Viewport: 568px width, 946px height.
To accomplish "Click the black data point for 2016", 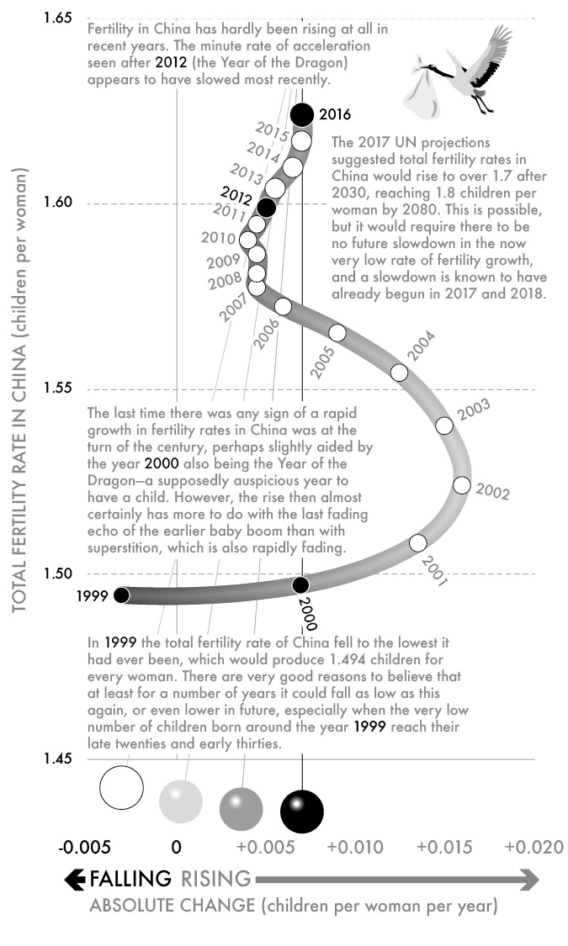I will pos(301,114).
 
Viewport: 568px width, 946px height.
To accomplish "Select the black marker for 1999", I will pos(121,595).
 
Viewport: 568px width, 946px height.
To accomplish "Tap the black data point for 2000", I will pos(300,584).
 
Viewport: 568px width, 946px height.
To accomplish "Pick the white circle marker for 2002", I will pos(461,485).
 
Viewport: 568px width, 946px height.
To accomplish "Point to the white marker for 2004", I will pos(400,373).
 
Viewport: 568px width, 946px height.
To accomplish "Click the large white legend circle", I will pos(123,788).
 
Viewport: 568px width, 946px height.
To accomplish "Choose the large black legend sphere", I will pos(301,810).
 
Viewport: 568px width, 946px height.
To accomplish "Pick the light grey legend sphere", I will pos(181,799).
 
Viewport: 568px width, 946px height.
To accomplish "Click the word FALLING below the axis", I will pos(130,880).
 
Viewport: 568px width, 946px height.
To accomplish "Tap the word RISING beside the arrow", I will pos(215,880).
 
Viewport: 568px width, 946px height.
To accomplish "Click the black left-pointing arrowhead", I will pos(75,880).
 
